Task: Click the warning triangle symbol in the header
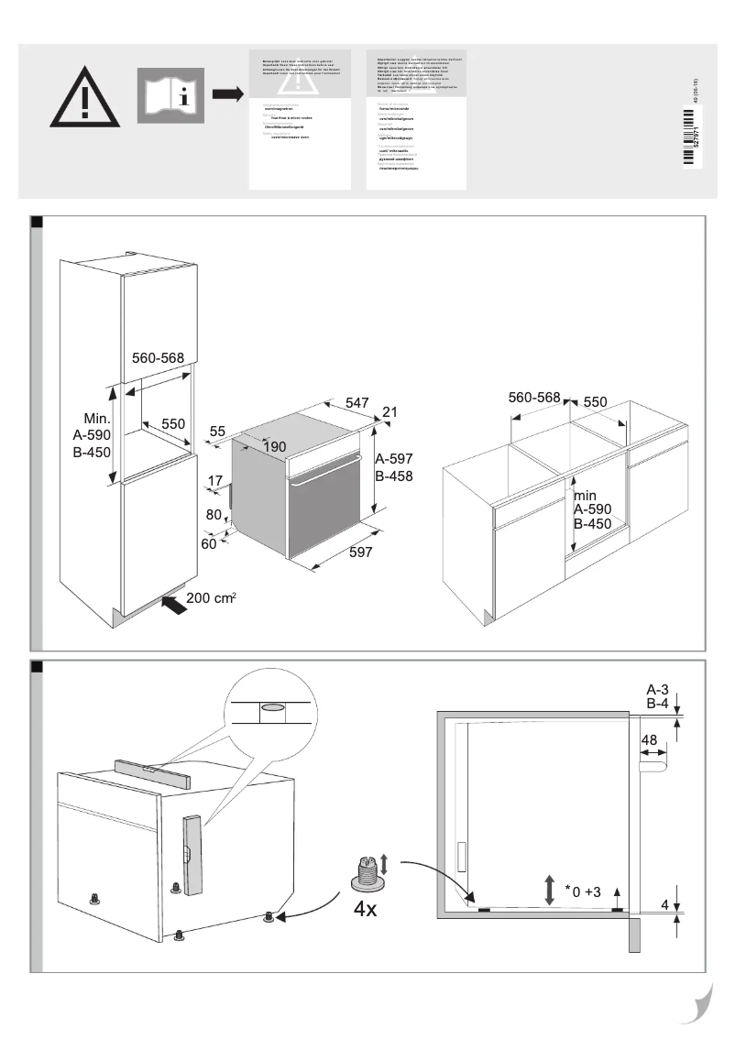[83, 96]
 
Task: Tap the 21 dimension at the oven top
[389, 412]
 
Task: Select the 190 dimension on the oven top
[275, 446]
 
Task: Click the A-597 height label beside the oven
[393, 459]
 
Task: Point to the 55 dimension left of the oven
[217, 432]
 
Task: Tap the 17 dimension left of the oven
[215, 481]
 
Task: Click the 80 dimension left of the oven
[214, 515]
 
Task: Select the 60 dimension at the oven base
[210, 543]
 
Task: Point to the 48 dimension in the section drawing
[650, 739]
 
